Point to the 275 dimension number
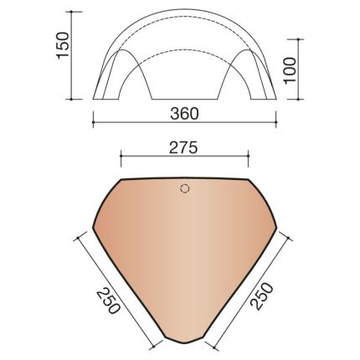[x=186, y=147]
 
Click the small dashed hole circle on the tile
[x=186, y=188]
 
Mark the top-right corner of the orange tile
[x=249, y=178]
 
